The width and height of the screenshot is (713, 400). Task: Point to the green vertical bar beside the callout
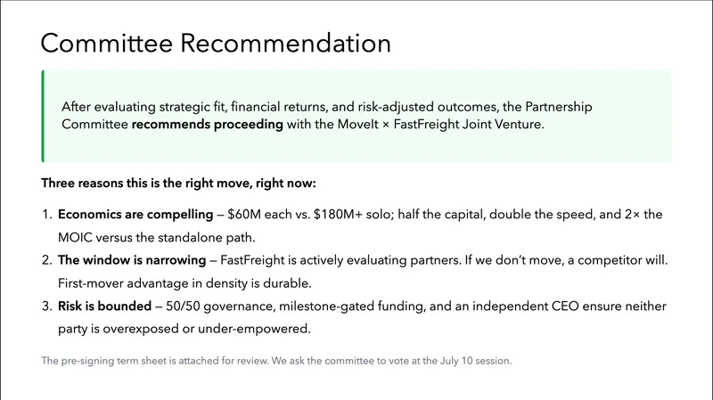[43, 117]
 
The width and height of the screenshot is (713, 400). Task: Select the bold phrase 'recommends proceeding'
[208, 125]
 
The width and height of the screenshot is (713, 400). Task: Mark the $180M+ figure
[340, 216]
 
